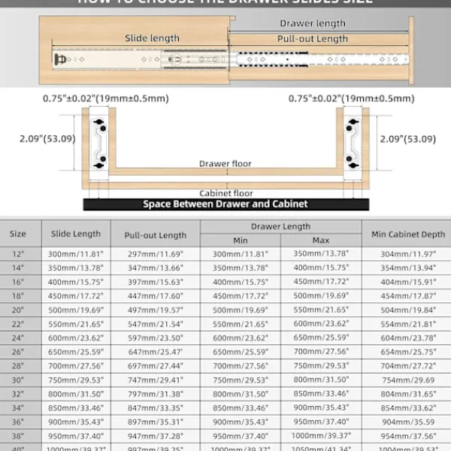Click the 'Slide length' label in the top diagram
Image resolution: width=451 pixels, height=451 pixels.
coord(153,38)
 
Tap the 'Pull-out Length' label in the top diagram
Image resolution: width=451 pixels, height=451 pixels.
coord(312,39)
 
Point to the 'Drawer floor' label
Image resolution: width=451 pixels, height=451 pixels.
coord(225,163)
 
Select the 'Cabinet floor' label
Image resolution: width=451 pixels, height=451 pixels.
coord(225,193)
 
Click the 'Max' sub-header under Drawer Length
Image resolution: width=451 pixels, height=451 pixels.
coord(321,241)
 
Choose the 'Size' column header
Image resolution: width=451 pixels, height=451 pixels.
coord(18,234)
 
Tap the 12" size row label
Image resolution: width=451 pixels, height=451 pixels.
coord(18,254)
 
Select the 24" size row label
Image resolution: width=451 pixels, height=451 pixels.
coord(18,338)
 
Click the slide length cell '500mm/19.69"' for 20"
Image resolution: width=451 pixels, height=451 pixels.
coord(75,310)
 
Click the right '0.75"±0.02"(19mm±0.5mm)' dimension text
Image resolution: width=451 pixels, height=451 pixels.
coord(351,98)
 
